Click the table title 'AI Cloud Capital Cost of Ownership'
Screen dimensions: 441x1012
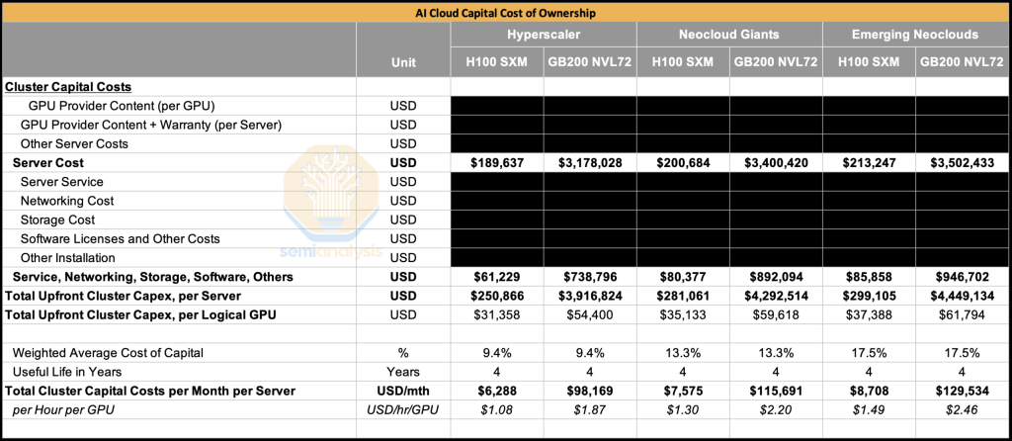click(x=506, y=13)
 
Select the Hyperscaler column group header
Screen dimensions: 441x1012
click(x=543, y=34)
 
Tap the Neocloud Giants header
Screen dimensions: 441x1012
click(x=728, y=34)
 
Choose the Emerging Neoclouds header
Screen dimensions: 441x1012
click(x=914, y=34)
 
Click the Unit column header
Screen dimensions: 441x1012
click(x=403, y=61)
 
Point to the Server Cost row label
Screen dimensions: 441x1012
click(x=48, y=163)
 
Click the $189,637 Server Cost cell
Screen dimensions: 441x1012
click(x=496, y=163)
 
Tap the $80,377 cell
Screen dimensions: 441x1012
click(x=682, y=277)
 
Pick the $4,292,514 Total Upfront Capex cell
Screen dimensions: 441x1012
click(x=776, y=296)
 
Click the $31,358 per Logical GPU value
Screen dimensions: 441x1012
click(x=496, y=314)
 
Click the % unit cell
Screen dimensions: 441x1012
click(x=403, y=353)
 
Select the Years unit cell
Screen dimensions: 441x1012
click(x=403, y=372)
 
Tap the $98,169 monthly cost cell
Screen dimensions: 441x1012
click(x=589, y=391)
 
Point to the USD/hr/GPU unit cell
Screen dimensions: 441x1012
click(x=403, y=409)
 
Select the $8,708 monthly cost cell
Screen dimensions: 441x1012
click(x=869, y=391)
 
